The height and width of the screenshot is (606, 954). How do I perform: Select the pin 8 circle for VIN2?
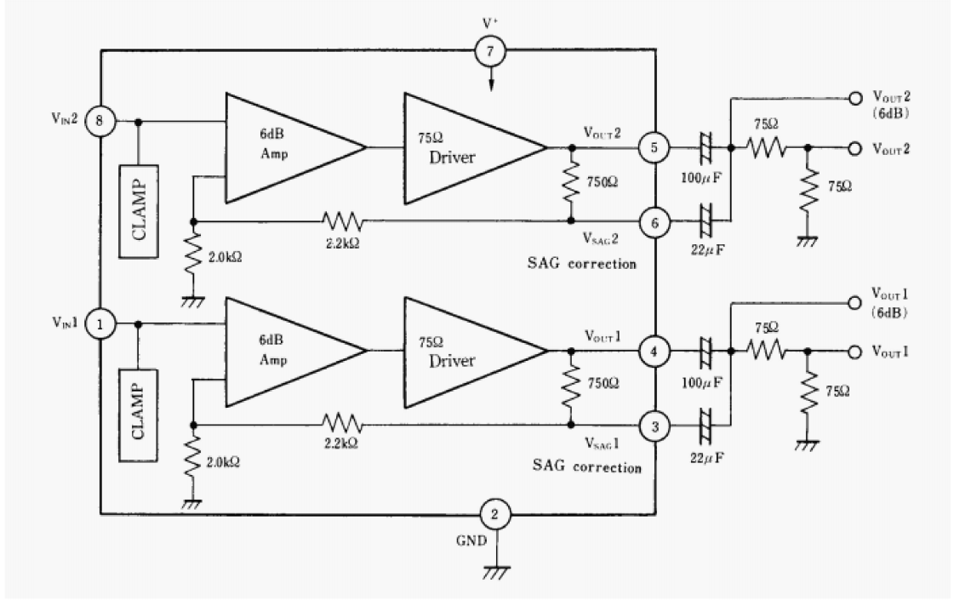click(x=100, y=122)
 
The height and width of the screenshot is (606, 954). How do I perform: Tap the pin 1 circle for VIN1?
click(x=100, y=324)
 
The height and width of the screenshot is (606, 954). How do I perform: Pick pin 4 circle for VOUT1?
click(x=655, y=350)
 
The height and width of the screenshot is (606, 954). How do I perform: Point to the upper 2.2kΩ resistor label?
click(x=342, y=244)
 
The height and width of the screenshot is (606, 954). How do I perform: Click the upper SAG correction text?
click(x=581, y=264)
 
